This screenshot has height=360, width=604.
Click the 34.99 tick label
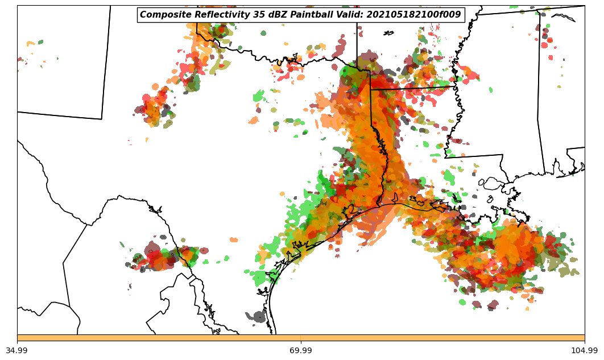17,350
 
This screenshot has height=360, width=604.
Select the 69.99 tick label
301,350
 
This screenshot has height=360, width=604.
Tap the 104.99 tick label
585,350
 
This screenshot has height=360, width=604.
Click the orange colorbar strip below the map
301,338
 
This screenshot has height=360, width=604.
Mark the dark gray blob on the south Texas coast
259,316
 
